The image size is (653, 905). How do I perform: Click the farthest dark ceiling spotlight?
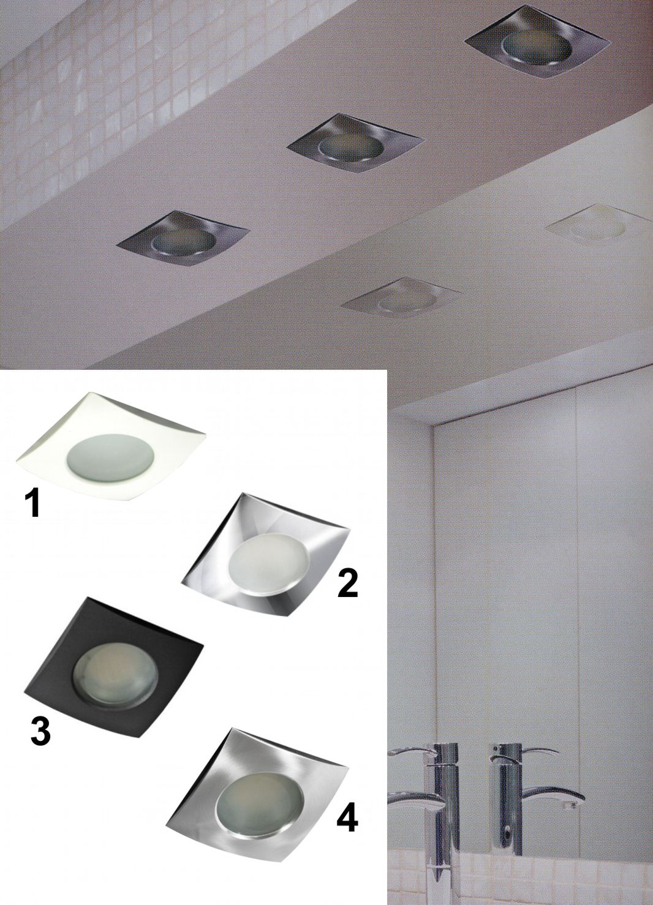536,49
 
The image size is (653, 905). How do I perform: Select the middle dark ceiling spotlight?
355,145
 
